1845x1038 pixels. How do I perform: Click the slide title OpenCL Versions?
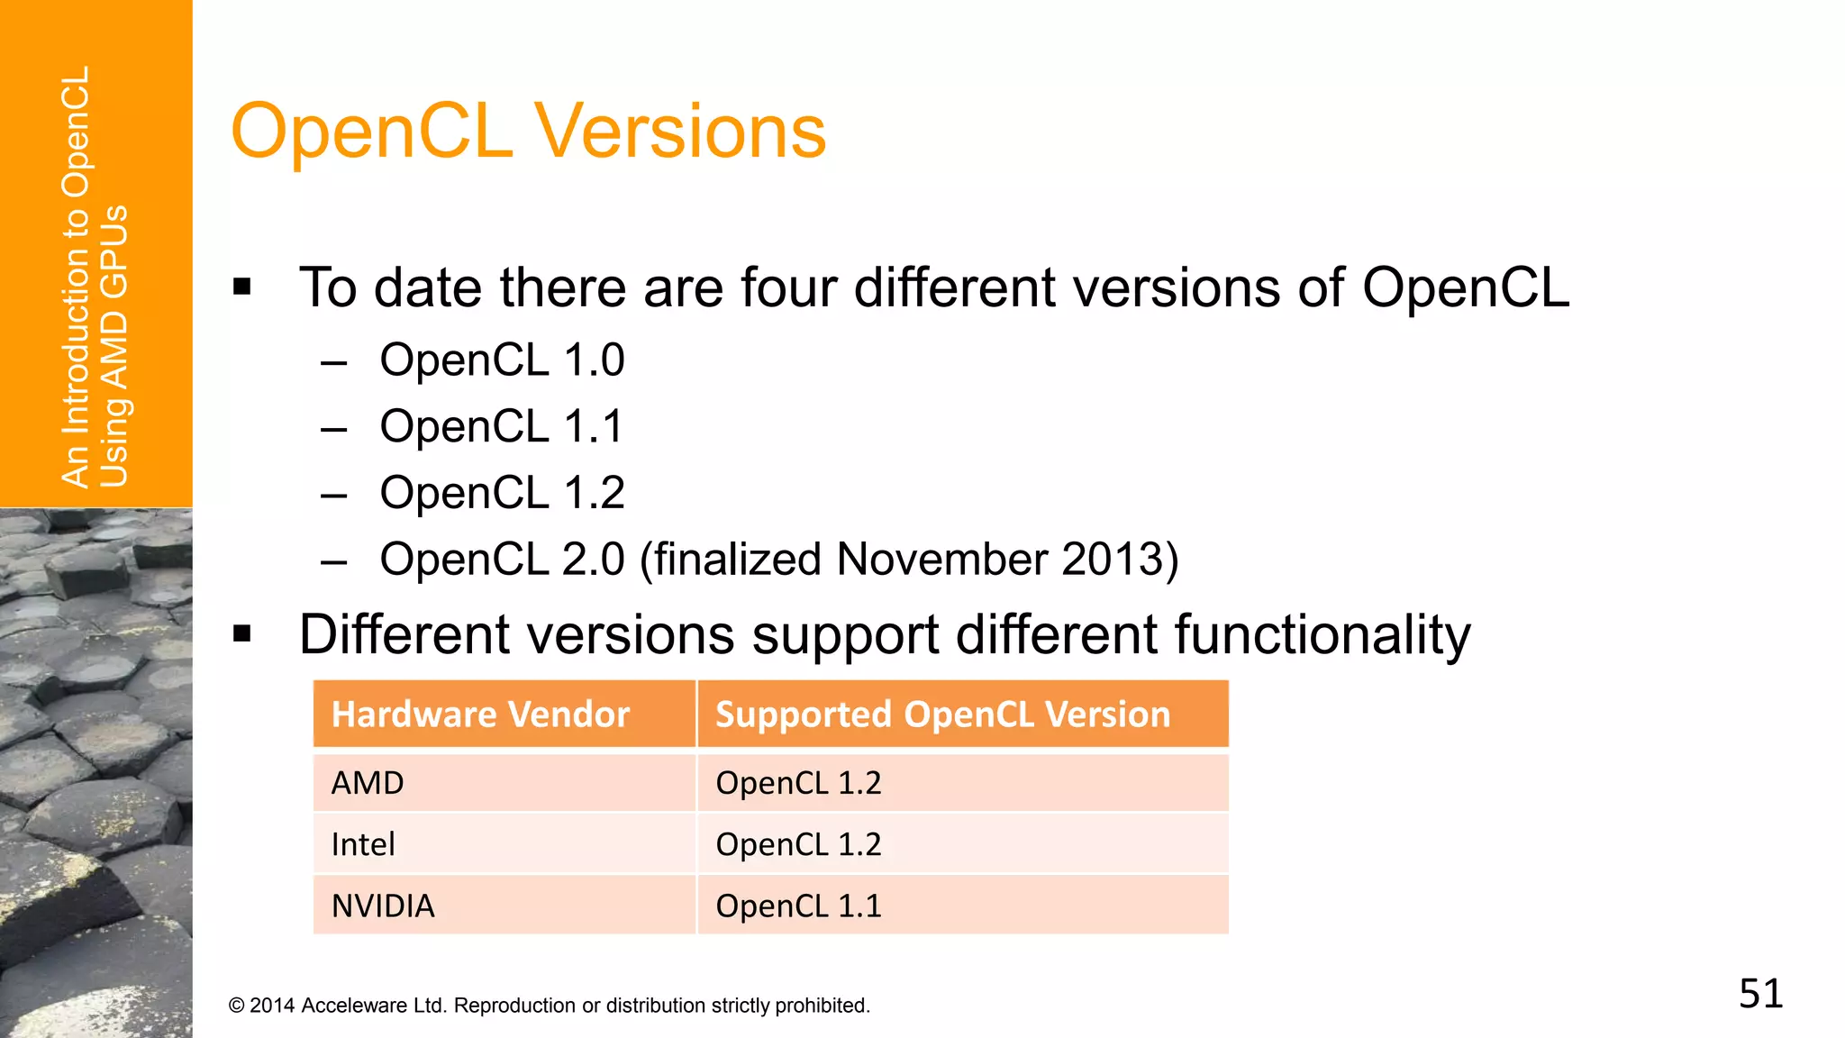528,132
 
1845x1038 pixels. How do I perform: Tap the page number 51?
1760,994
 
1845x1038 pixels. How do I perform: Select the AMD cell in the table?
368,783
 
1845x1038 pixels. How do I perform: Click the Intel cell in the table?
363,844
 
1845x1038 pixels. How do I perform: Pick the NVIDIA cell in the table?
383,906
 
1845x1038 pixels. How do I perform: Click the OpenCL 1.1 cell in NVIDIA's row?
798,906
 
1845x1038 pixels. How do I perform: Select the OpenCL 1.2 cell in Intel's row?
798,844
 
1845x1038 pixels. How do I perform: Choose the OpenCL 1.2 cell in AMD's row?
798,783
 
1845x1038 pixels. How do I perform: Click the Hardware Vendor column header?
480,715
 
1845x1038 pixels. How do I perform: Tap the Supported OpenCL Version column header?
942,715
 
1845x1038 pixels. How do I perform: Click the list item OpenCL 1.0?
502,360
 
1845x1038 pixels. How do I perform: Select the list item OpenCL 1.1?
502,426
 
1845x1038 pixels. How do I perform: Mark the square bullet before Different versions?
241,634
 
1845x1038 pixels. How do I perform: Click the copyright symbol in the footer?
236,1006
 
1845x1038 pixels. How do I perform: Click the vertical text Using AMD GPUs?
114,347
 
